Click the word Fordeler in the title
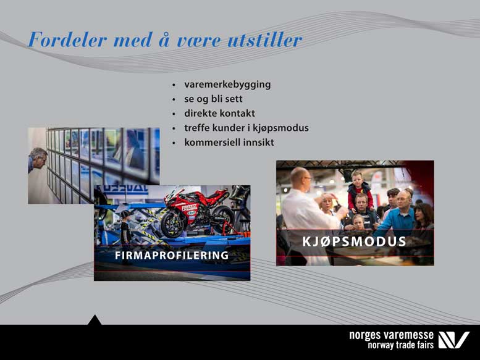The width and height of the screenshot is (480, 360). (x=67, y=40)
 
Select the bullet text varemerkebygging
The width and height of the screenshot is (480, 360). (x=227, y=85)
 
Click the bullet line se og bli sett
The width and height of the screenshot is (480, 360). (x=213, y=99)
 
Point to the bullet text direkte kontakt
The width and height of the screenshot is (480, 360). (x=219, y=113)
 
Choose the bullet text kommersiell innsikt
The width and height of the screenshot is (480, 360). (x=229, y=142)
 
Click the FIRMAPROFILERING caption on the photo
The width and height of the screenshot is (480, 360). (x=172, y=256)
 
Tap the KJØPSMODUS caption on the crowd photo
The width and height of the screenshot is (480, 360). (x=354, y=241)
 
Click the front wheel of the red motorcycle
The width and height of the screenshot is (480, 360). (x=174, y=224)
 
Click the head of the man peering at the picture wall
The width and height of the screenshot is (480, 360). (x=38, y=158)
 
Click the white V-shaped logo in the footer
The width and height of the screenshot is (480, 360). (x=453, y=340)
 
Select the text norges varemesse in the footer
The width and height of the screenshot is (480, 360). (x=391, y=335)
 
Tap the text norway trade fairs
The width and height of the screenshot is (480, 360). (x=400, y=345)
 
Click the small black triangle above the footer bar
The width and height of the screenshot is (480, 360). (x=95, y=320)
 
